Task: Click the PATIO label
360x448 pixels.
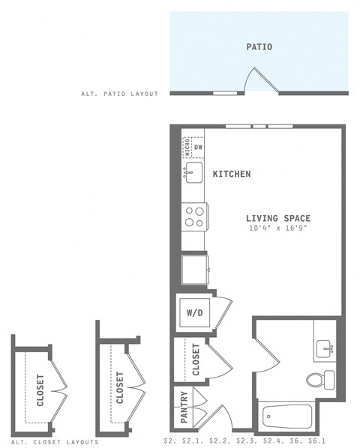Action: tap(259, 47)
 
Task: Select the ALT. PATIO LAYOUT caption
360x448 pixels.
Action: tap(120, 94)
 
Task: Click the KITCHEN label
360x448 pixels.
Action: tap(231, 174)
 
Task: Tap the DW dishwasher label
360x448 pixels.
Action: tap(199, 148)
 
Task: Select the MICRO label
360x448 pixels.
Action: tap(188, 148)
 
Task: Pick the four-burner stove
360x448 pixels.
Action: tap(194, 217)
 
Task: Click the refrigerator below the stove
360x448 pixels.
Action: tap(194, 267)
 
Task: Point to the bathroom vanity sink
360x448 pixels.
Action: tap(325, 347)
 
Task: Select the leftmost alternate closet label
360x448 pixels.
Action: tap(40, 390)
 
